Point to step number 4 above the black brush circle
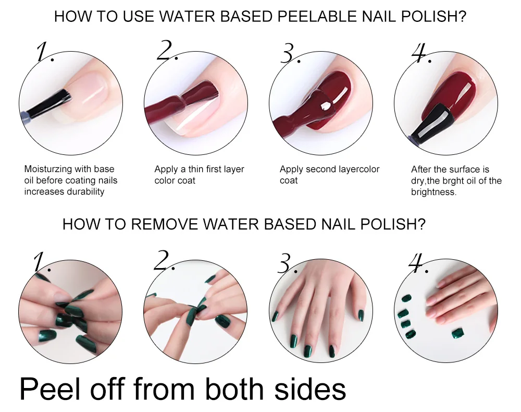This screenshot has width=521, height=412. (x=420, y=53)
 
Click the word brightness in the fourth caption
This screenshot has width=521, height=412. (x=433, y=192)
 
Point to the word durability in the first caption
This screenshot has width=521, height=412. (x=86, y=191)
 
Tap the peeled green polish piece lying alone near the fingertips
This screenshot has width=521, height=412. (x=458, y=333)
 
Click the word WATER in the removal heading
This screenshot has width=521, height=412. (x=231, y=224)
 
